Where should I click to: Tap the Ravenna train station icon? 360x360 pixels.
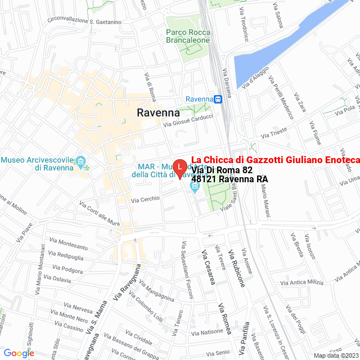(218, 99)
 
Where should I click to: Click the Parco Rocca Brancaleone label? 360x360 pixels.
(188, 36)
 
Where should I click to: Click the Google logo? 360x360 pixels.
(19, 353)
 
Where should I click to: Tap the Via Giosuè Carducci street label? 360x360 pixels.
(188, 120)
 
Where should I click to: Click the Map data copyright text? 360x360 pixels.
(335, 355)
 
